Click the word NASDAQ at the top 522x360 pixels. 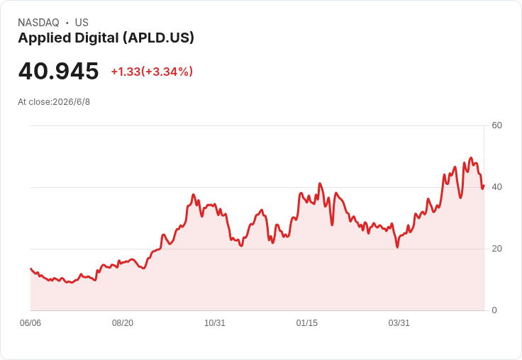[38, 23]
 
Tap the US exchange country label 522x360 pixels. [82, 23]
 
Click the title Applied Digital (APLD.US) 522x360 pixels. [106, 38]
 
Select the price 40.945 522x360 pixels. [58, 71]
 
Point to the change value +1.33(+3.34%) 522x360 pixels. [152, 72]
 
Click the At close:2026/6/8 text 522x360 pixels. [54, 102]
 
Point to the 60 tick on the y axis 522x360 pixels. [496, 125]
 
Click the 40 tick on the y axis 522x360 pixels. [496, 187]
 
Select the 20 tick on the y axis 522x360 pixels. [496, 249]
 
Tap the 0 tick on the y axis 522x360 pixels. [494, 310]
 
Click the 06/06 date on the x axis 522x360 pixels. [30, 323]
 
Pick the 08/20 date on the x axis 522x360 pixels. [123, 323]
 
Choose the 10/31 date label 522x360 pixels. [215, 323]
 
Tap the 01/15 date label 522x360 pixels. [307, 323]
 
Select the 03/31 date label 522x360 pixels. [399, 323]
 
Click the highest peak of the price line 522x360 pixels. [471, 158]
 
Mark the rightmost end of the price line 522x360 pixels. [484, 186]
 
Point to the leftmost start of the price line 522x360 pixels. [31, 269]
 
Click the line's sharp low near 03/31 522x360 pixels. [397, 247]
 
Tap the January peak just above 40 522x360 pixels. [320, 184]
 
